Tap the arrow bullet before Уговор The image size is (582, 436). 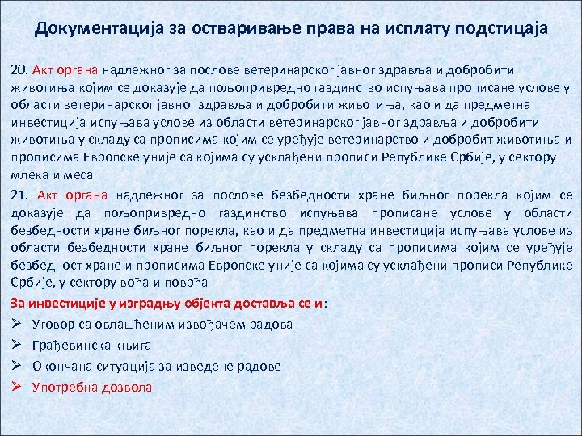18,325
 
